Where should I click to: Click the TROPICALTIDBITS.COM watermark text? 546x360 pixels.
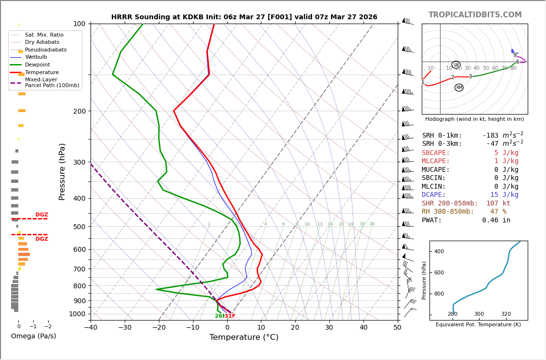475,15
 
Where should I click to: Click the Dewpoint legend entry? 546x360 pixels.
38,64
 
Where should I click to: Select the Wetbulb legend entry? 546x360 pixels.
37,57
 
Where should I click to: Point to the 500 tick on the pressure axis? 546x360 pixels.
79,227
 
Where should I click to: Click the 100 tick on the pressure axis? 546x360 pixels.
79,24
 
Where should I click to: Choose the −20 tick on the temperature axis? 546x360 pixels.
159,328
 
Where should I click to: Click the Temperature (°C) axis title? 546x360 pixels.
244,337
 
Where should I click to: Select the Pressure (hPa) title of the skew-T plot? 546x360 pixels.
62,171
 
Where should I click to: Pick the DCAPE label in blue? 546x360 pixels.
435,195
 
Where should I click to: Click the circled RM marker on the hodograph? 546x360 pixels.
459,88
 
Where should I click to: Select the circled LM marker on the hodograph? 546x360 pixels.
456,65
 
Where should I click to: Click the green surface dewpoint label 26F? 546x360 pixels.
220,316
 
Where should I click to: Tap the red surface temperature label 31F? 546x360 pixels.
230,316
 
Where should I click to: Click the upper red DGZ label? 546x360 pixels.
41,215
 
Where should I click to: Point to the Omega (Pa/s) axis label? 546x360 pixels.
33,336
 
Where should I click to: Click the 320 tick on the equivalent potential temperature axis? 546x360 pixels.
506,314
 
